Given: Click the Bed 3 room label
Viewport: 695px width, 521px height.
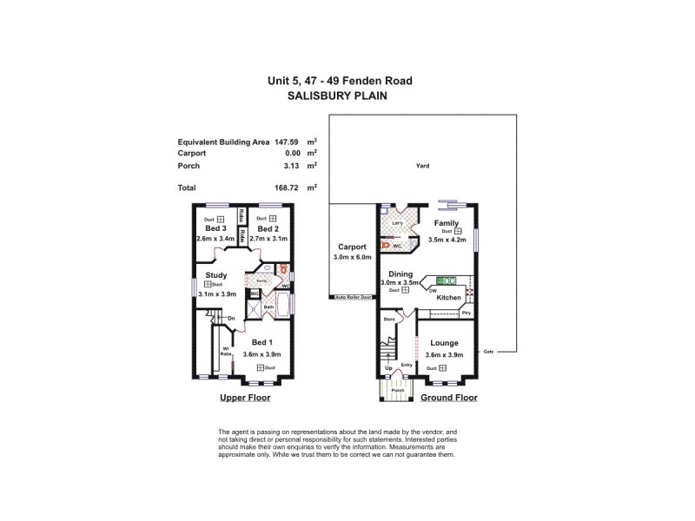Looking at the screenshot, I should click(214, 228).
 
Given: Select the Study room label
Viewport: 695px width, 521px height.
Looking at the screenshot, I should click(216, 275).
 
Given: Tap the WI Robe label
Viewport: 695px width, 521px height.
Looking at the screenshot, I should click(225, 351).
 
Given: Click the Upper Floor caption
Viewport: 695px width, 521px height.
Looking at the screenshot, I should click(244, 398).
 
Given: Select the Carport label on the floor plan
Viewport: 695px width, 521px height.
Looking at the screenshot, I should click(353, 247).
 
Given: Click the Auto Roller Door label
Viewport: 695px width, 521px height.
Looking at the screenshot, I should click(354, 298).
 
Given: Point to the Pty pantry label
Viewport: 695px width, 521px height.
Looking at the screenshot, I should click(466, 313).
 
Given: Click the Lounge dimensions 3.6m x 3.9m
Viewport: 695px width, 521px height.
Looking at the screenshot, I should click(444, 354).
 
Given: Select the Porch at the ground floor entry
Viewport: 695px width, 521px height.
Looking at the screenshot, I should click(398, 390).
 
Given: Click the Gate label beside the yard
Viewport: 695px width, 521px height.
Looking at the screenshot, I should click(488, 351).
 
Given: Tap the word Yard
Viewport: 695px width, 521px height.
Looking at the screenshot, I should click(422, 166).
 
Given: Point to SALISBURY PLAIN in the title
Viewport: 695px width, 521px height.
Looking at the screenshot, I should click(340, 97).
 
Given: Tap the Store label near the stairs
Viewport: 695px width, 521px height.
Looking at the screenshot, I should click(389, 319).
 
